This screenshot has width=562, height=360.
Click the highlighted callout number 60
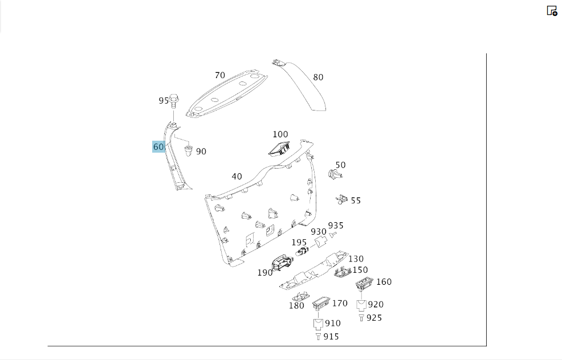click(158, 146)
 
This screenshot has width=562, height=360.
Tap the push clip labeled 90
click(188, 150)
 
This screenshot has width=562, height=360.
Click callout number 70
click(220, 75)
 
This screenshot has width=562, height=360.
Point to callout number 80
click(318, 77)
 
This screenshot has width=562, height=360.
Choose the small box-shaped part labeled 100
click(279, 148)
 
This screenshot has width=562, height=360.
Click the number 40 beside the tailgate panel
click(237, 177)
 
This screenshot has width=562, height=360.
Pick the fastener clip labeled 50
click(335, 174)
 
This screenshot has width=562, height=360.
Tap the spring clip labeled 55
click(341, 199)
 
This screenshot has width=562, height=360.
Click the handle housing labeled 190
click(283, 263)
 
